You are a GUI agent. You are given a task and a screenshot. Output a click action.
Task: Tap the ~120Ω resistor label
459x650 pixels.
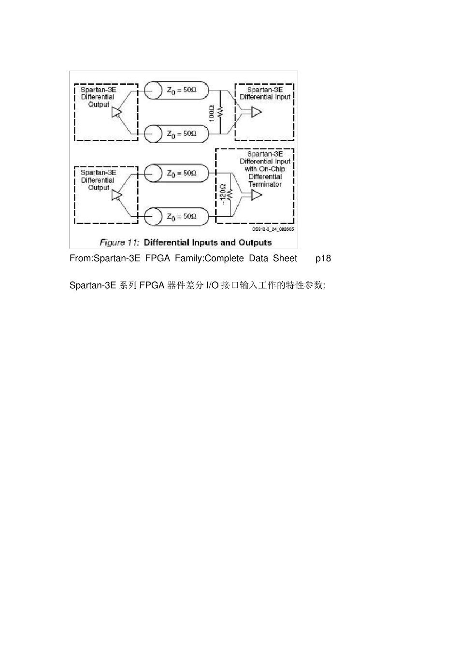tap(223, 194)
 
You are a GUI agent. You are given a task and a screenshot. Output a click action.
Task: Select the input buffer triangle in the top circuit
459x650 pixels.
tap(257, 112)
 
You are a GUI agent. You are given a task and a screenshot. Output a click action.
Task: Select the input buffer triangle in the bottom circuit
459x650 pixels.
tap(257, 195)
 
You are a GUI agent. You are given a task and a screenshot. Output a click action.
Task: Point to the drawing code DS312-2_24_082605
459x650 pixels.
tap(273, 230)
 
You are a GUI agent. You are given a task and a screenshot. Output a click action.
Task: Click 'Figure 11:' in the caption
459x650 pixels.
tap(119, 242)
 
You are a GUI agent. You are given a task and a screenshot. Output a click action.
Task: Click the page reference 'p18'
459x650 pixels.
tap(323, 258)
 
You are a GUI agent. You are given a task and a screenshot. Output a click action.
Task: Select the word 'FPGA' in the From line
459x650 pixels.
tap(158, 258)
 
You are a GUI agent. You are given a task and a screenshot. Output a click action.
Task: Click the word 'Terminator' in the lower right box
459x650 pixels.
tap(265, 184)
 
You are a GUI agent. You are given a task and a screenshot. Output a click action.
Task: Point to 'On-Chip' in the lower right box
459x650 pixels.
tap(272, 169)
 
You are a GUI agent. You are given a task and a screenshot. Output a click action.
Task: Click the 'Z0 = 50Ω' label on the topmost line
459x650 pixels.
tap(182, 90)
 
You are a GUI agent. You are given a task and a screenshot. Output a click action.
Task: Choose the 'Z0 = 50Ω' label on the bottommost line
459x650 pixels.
tap(182, 216)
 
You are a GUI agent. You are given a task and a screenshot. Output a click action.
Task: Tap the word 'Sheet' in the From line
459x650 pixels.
tap(285, 258)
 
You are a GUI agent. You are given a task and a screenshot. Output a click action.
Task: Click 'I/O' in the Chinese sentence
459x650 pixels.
tap(213, 285)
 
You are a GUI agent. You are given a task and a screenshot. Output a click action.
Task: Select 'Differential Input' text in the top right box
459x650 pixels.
tap(265, 97)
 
